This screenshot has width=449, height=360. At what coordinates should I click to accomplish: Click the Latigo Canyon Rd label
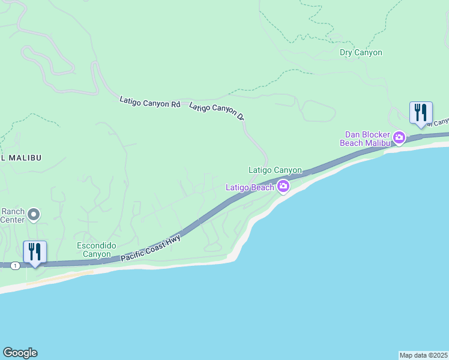[149, 103]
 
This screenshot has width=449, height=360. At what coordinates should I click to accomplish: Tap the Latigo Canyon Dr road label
[217, 112]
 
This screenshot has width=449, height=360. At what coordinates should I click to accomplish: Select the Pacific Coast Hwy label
[151, 247]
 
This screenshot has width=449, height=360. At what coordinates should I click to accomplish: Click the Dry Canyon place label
[361, 53]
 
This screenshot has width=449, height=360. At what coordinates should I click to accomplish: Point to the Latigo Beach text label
[250, 187]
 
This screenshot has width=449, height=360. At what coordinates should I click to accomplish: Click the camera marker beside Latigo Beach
[283, 187]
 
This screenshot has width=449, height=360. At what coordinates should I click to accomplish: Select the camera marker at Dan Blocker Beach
[399, 139]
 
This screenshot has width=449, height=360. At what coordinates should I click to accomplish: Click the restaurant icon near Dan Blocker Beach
[420, 113]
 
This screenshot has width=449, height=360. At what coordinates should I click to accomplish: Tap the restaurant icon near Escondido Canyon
[35, 251]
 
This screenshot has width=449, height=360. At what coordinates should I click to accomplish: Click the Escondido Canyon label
[94, 250]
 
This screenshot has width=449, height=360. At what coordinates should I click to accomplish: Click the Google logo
[20, 353]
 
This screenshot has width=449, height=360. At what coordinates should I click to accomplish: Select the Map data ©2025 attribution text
[423, 355]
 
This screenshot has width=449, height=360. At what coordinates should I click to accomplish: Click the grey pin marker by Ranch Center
[34, 214]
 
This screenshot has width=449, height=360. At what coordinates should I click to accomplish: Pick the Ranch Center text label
[12, 215]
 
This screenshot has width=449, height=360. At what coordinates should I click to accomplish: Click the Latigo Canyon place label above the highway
[275, 170]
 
